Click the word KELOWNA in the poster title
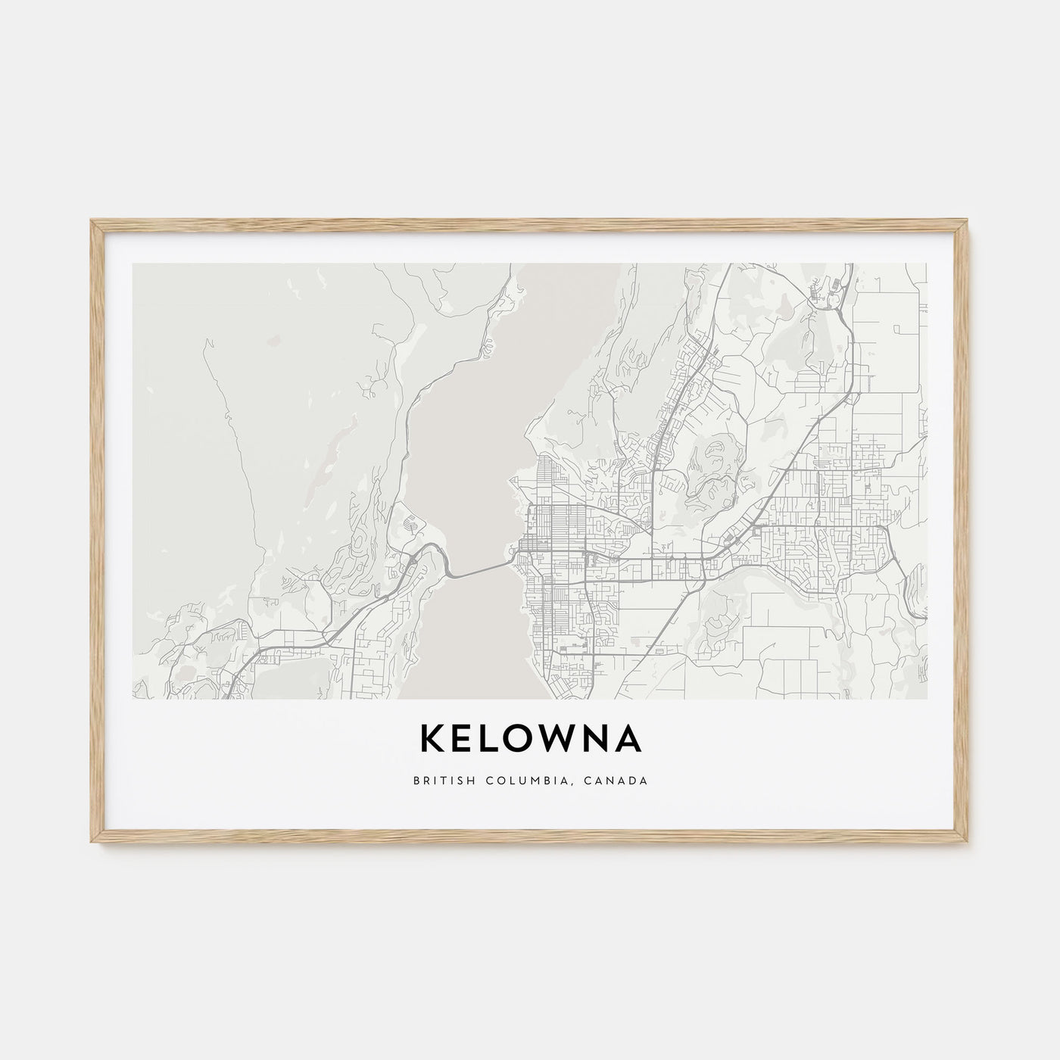530,740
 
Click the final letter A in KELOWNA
631,740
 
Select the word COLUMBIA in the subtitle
522,780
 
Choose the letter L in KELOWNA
492,740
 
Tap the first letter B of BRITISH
416,780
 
